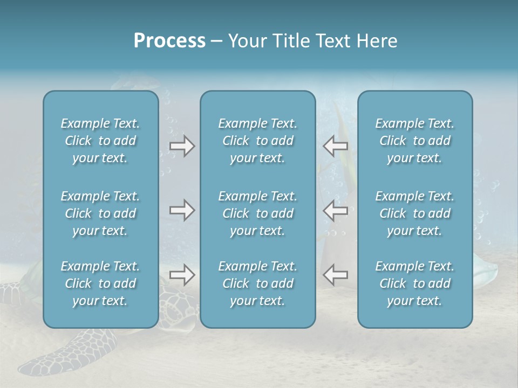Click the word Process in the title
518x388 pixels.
[x=169, y=41]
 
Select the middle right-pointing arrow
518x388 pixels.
[x=182, y=210]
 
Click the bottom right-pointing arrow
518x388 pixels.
[x=182, y=275]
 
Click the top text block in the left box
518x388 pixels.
[x=100, y=141]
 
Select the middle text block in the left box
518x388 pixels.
[x=100, y=213]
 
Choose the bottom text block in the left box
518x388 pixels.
[x=100, y=283]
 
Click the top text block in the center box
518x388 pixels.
[x=257, y=141]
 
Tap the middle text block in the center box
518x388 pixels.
[x=257, y=213]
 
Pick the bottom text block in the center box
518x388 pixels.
[x=257, y=283]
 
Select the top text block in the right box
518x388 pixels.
[x=414, y=141]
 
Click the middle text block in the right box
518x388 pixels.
[x=414, y=213]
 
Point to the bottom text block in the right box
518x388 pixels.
[x=414, y=283]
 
